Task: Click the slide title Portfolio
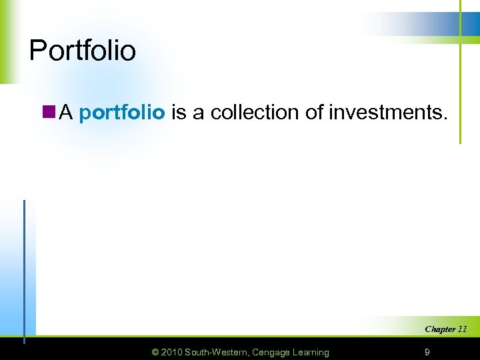(83, 51)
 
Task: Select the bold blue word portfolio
(121, 113)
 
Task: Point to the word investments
(385, 113)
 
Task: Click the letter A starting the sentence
(65, 113)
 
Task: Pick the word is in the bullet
(179, 113)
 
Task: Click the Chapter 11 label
(445, 329)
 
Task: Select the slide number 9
(427, 352)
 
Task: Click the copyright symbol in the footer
(155, 352)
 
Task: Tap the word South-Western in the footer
(217, 352)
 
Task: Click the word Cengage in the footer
(271, 352)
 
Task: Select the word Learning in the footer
(311, 352)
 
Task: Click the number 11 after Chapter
(461, 329)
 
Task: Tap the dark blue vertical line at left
(25, 267)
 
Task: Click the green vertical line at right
(460, 80)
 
